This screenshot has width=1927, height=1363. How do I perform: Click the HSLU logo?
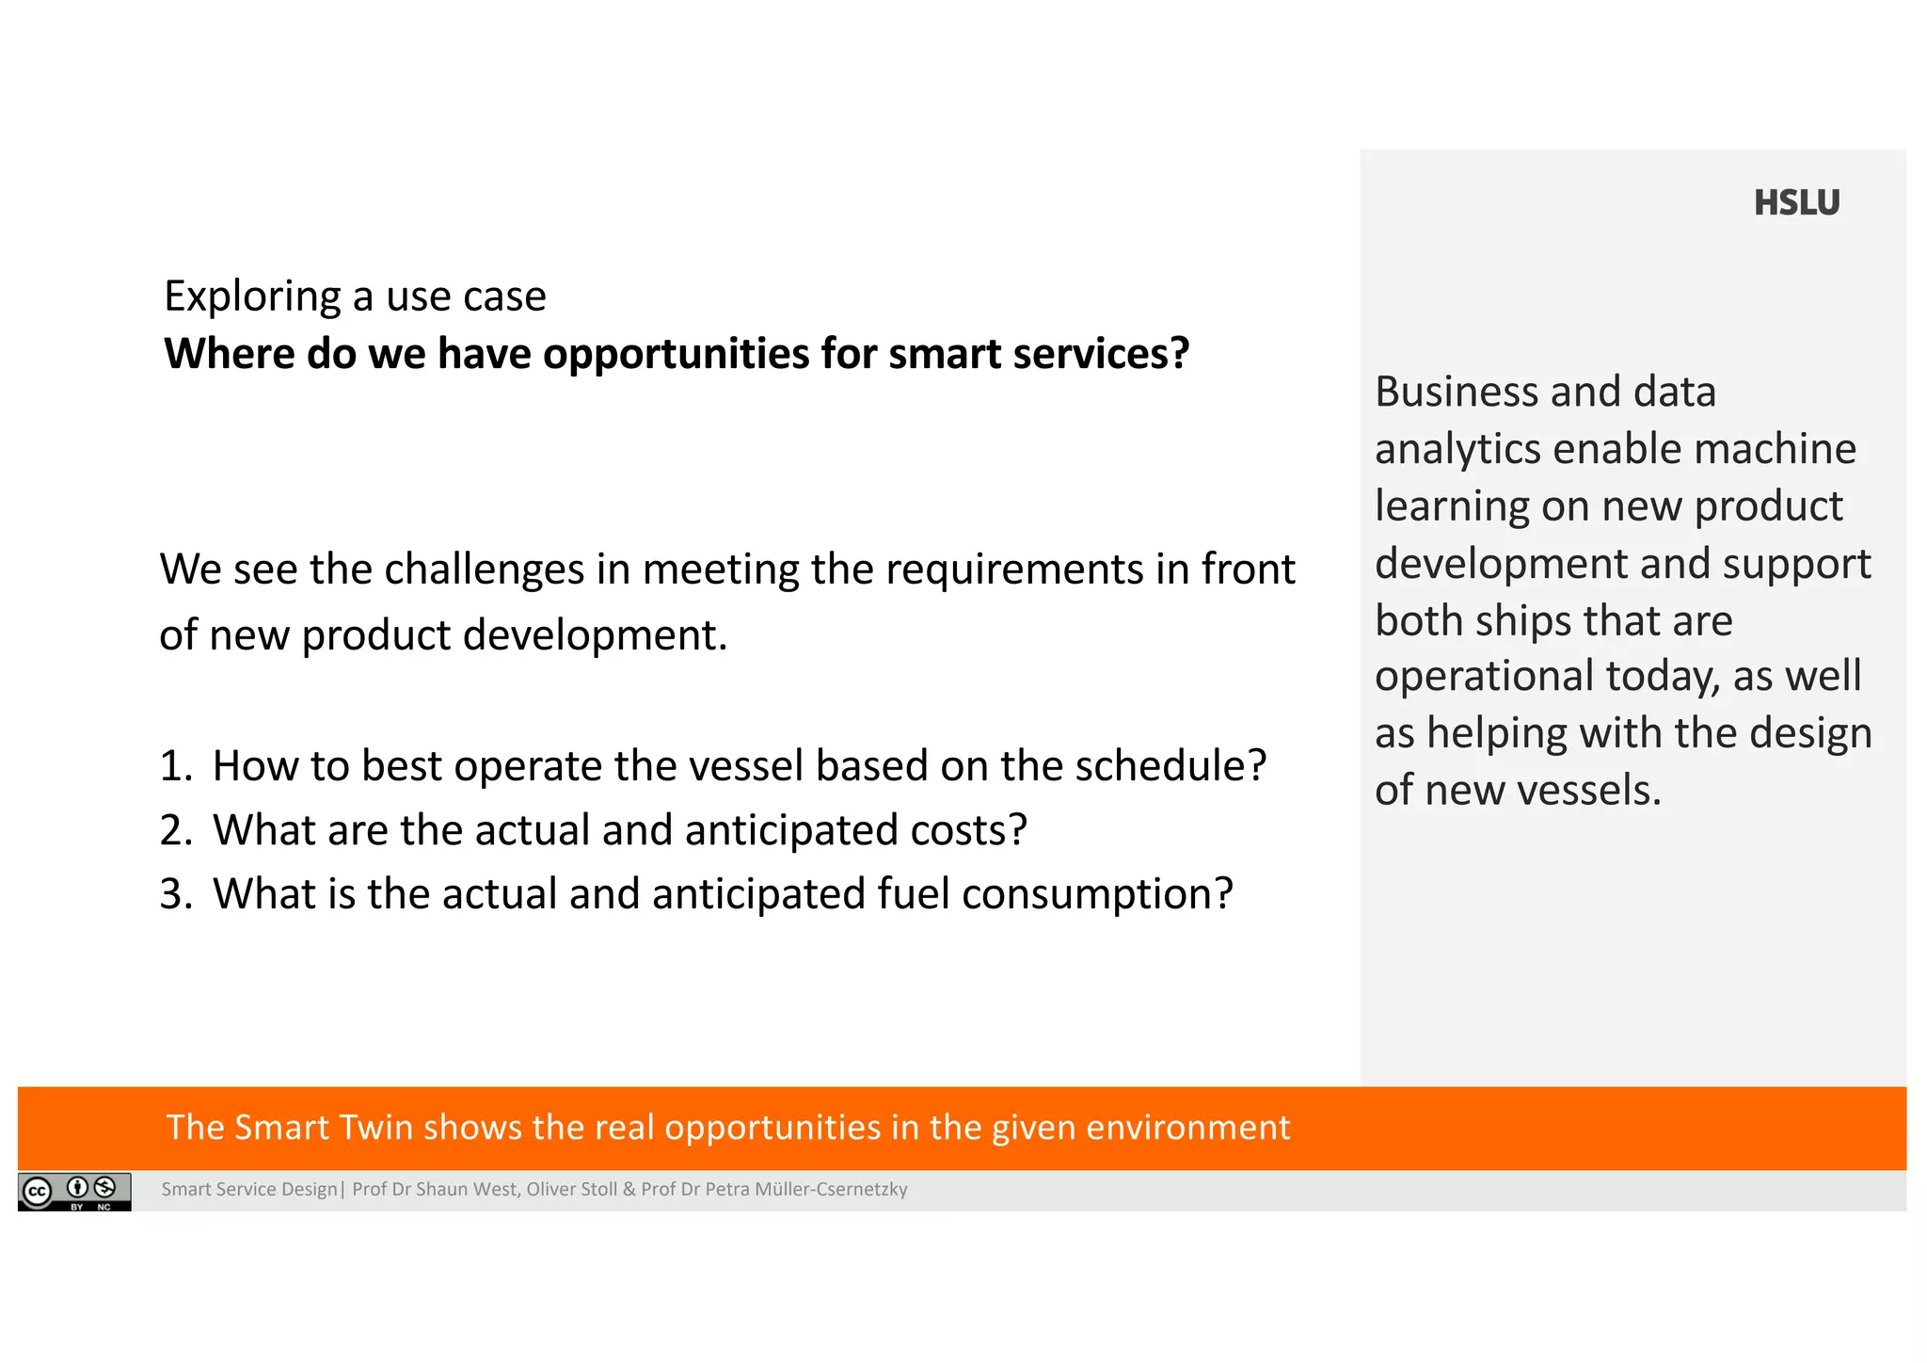pyautogui.click(x=1795, y=202)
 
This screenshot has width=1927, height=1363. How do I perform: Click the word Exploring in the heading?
pyautogui.click(x=252, y=297)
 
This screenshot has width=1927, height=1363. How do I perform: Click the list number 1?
pyautogui.click(x=174, y=766)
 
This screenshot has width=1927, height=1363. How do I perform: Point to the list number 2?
pyautogui.click(x=175, y=830)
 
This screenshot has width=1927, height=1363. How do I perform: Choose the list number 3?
pyautogui.click(x=175, y=894)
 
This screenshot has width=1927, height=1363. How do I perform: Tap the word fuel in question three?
pyautogui.click(x=913, y=894)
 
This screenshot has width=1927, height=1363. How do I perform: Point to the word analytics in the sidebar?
pyautogui.click(x=1457, y=450)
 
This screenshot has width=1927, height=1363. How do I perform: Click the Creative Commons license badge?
pyautogui.click(x=74, y=1192)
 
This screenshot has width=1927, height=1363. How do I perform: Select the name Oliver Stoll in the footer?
pyautogui.click(x=571, y=1190)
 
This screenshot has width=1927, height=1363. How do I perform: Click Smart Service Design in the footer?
pyautogui.click(x=248, y=1190)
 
